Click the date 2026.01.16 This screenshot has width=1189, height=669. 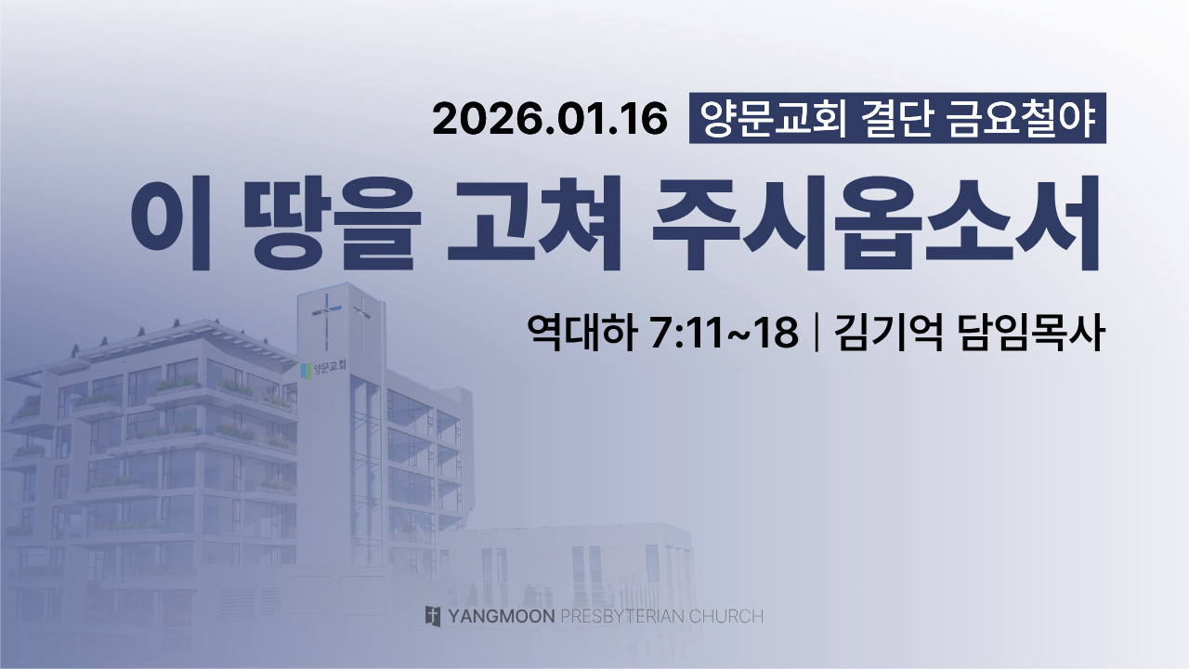coord(550,119)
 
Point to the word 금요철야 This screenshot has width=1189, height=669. coord(1021,118)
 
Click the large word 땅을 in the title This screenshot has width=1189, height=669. coord(333,223)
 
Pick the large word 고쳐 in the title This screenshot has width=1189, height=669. coord(533,223)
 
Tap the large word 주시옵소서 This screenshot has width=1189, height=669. coord(876,223)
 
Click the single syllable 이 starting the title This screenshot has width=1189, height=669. coord(171,223)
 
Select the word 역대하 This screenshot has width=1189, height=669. coord(581,333)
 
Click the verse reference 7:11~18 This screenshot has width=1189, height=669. coord(724,333)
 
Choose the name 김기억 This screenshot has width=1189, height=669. coord(889,333)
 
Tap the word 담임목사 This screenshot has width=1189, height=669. coord(1031,333)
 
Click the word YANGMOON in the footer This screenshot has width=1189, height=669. coord(502,616)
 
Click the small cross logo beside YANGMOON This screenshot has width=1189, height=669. coord(433,616)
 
